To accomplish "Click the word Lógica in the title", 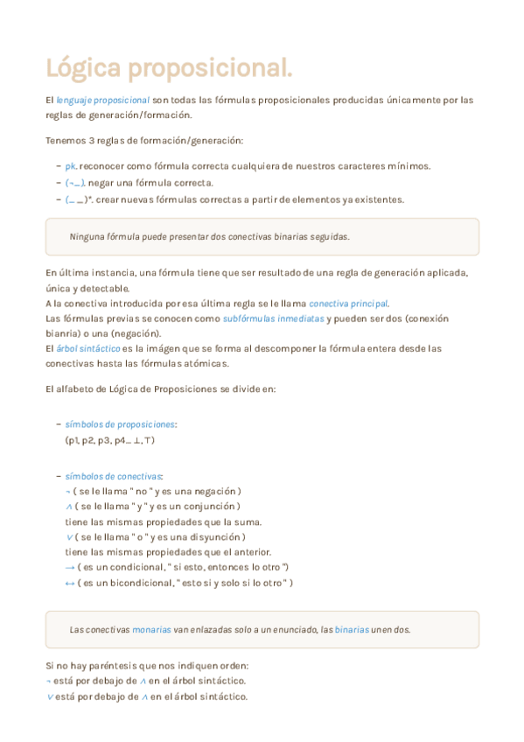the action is (83, 68).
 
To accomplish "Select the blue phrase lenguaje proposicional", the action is (103, 100).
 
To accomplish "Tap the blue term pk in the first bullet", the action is (71, 166).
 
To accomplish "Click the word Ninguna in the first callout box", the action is (86, 236).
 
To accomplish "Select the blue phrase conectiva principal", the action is (348, 303).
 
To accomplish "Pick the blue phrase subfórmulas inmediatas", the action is (274, 318).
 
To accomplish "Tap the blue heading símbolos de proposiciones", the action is (121, 424).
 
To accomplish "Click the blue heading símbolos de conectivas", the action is (113, 477).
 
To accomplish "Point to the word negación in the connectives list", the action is (215, 492).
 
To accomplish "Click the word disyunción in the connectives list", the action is (217, 536).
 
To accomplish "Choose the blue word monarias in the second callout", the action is (150, 629).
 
